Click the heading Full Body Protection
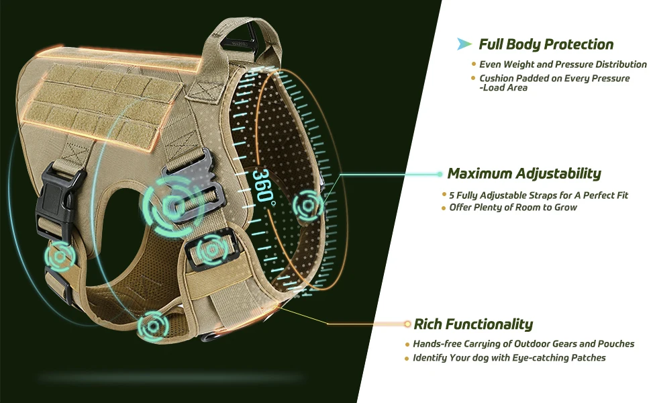pyautogui.click(x=546, y=45)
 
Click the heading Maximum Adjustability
pyautogui.click(x=523, y=174)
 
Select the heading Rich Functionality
pyautogui.click(x=473, y=325)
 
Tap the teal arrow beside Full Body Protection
pyautogui.click(x=464, y=44)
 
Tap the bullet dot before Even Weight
pyautogui.click(x=473, y=65)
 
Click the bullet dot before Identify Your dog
pyautogui.click(x=407, y=359)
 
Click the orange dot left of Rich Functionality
pyautogui.click(x=407, y=324)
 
